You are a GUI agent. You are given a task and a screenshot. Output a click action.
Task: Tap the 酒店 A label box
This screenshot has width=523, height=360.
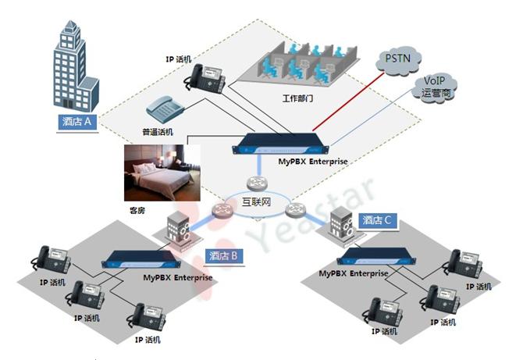(x=78, y=122)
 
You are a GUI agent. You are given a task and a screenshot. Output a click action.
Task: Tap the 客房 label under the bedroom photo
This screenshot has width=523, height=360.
(x=137, y=211)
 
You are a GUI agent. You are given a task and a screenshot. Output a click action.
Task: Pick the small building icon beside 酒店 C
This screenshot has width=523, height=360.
(x=341, y=223)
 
